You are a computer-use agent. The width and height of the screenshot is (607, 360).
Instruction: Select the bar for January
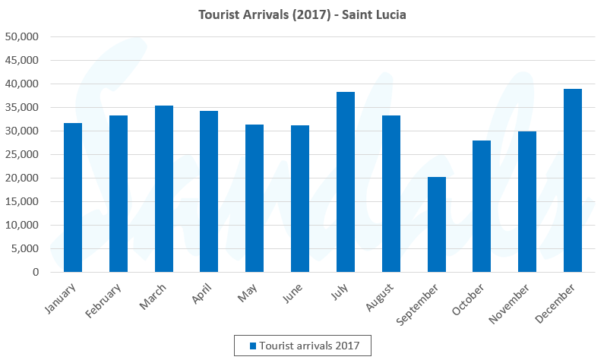point(73,197)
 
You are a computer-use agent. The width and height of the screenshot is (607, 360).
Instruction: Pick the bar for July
point(346,182)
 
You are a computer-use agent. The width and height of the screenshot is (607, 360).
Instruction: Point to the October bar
point(482,206)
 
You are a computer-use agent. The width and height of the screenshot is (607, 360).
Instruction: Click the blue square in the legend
point(254,346)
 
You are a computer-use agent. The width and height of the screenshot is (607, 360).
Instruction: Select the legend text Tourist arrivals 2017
point(315,346)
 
